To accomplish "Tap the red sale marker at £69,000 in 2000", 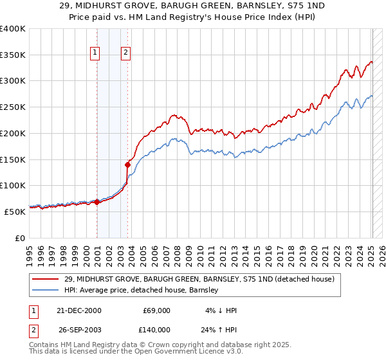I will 96,202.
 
